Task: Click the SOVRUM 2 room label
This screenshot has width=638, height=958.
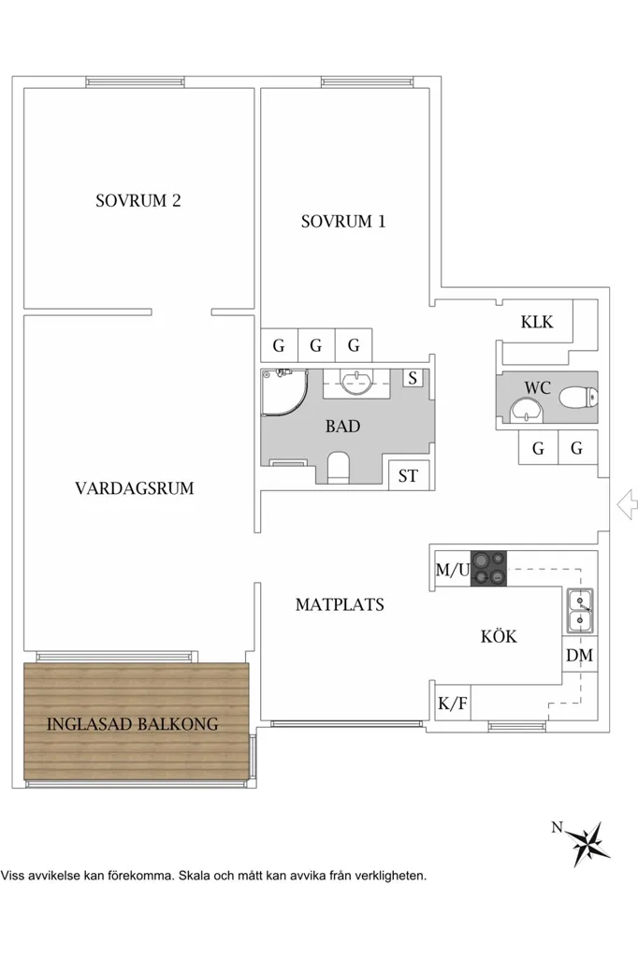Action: (x=138, y=200)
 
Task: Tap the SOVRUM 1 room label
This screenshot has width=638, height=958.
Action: (x=343, y=221)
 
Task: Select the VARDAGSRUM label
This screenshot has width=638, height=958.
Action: (x=135, y=488)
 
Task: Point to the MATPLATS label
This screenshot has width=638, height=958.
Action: (x=340, y=605)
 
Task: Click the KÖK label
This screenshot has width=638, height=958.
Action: (x=499, y=636)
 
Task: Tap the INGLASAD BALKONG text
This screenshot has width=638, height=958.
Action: (x=133, y=724)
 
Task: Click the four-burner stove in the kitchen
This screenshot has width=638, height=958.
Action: (x=488, y=568)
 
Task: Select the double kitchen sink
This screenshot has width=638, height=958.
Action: (x=579, y=611)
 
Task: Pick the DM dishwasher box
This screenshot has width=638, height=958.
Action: (x=579, y=655)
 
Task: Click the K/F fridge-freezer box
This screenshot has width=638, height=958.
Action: (x=453, y=704)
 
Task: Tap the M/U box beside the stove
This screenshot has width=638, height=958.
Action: (x=452, y=570)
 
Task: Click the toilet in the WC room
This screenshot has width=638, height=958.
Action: (x=578, y=398)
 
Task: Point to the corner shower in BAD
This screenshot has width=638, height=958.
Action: (x=284, y=392)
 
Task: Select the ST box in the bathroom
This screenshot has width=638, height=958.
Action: (x=408, y=475)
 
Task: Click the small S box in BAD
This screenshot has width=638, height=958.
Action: (x=413, y=378)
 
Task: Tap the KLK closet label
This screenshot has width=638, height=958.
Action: (x=537, y=322)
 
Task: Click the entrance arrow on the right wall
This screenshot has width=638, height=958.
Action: (x=627, y=505)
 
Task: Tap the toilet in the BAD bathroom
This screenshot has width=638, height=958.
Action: (x=338, y=468)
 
